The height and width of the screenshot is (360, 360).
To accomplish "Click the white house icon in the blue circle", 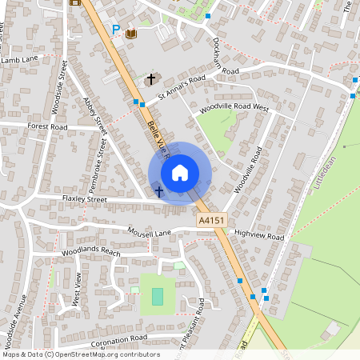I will point(180,172).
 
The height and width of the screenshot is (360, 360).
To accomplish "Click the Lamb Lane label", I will point(20,59).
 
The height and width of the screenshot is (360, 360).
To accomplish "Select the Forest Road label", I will point(47,126).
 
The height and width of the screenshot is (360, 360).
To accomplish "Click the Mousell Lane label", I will point(150,232).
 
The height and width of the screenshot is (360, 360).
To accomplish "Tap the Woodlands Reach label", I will point(90,252).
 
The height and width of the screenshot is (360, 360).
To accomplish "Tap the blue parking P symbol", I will point(116,30).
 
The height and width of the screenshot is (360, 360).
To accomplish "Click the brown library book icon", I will point(130,33).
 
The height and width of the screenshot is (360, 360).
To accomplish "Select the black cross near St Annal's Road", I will point(151,79).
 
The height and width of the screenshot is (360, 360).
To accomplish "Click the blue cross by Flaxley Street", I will point(159,191).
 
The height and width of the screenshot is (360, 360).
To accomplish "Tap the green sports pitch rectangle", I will point(158,295).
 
